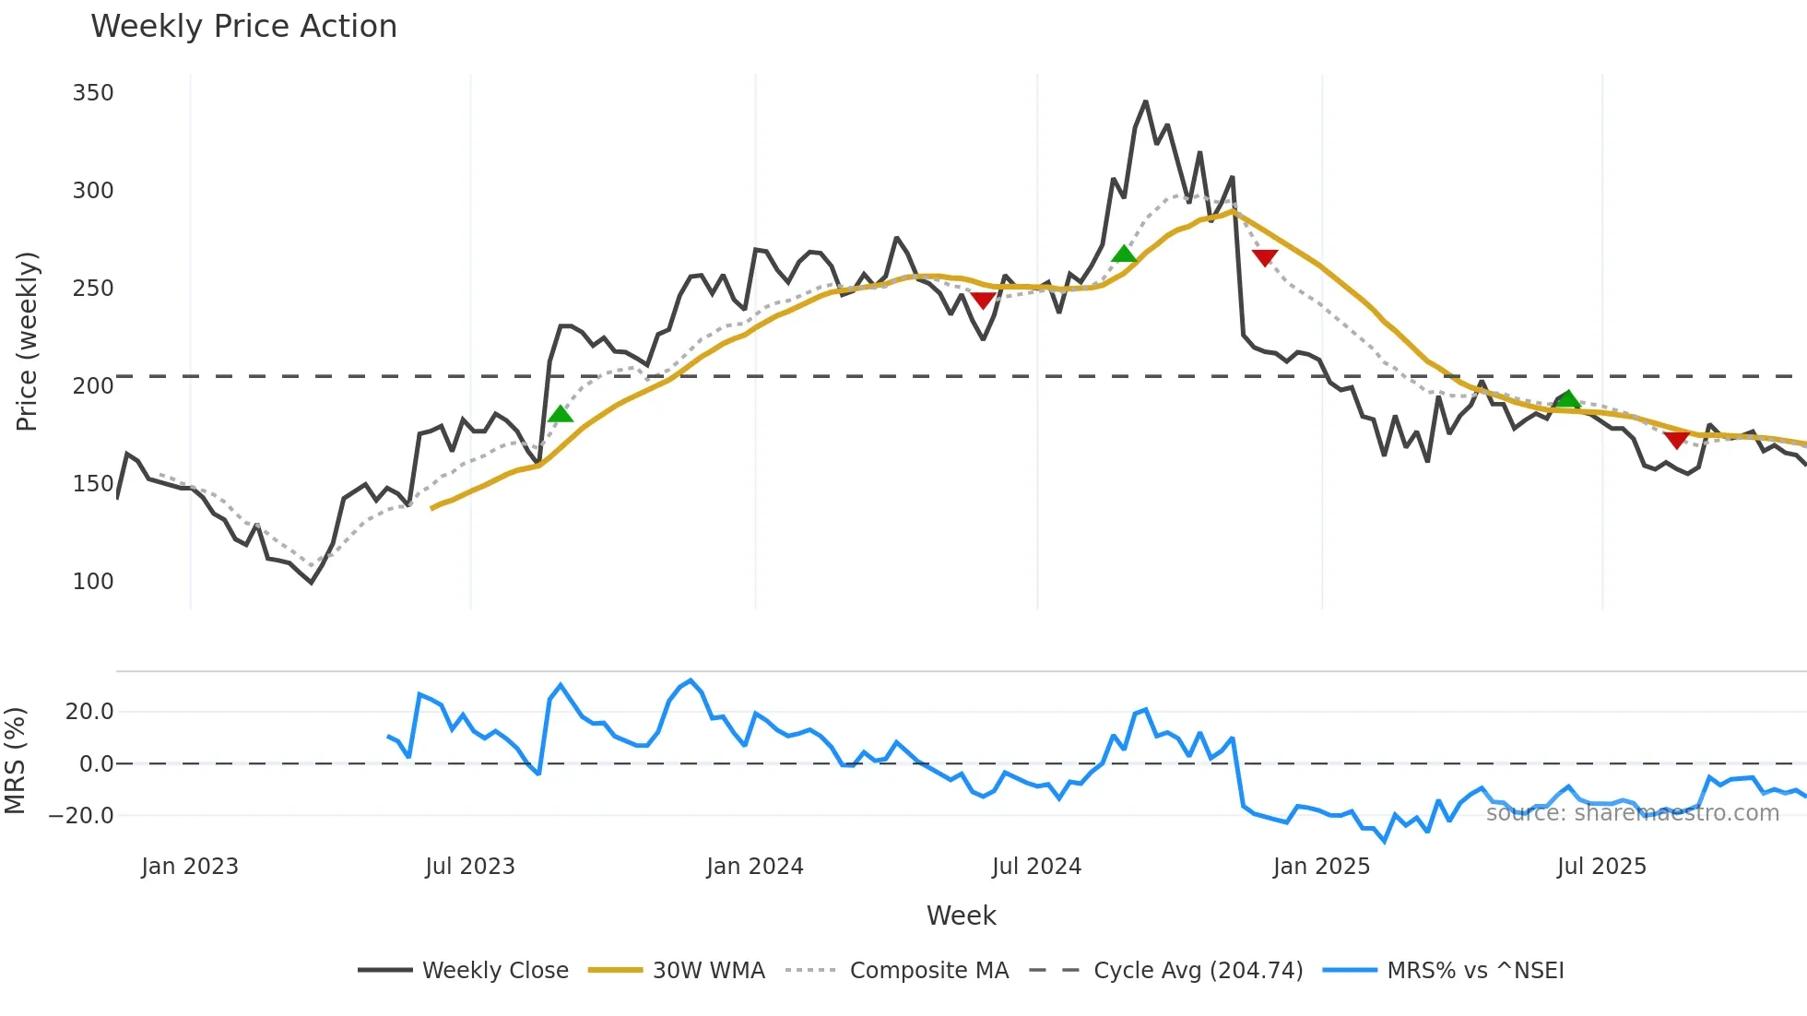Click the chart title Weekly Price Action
[x=243, y=27]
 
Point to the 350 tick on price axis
[x=93, y=93]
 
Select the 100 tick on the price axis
[x=93, y=582]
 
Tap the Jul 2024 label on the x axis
[x=1036, y=867]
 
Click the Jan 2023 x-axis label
[x=190, y=867]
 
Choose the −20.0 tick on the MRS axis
[x=81, y=816]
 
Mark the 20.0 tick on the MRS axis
[x=89, y=712]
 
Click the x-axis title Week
[x=961, y=916]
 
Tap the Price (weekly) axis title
[x=27, y=341]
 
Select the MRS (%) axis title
[x=16, y=761]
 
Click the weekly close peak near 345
[x=1145, y=102]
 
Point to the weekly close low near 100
[x=312, y=582]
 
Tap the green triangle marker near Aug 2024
[x=1124, y=254]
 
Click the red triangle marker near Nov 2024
[x=1265, y=257]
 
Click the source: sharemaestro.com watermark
[x=1632, y=813]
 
